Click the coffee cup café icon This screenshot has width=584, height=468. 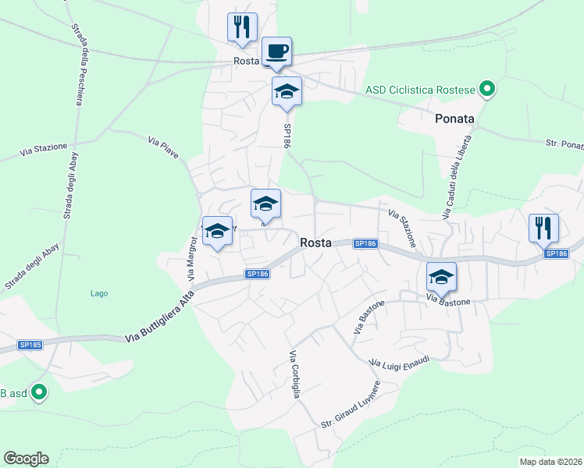[276, 51]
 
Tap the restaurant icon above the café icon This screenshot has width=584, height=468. [242, 27]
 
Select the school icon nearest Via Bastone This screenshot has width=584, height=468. [441, 276]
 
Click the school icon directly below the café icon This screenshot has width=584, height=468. [287, 91]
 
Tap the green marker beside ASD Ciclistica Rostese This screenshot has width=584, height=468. [487, 90]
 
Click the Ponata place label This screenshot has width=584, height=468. [454, 119]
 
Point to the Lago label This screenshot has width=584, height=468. [98, 293]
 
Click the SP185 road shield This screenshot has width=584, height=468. [30, 344]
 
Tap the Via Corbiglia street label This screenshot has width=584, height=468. [294, 375]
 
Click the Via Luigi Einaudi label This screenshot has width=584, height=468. [399, 362]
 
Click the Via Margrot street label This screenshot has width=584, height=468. [191, 257]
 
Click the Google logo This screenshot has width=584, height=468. [26, 459]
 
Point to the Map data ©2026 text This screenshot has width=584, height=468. [551, 462]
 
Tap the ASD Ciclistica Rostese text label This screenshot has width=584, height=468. [420, 90]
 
